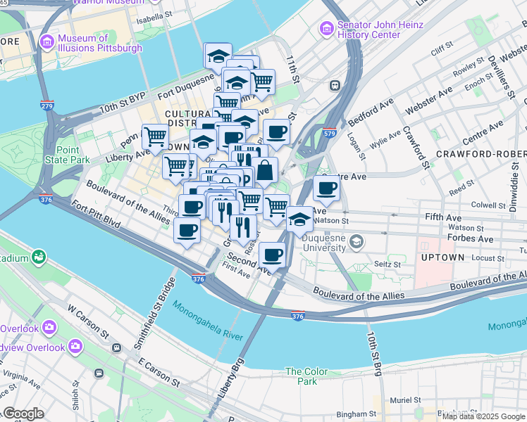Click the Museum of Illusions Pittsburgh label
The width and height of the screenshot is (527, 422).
coord(99,43)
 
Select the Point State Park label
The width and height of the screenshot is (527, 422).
coord(73,155)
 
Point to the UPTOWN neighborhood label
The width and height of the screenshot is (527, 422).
coord(442,257)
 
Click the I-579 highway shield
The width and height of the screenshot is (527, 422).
coord(329,132)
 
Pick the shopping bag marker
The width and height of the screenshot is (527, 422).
coord(266,171)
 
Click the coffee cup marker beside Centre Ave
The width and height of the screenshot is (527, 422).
coord(326,188)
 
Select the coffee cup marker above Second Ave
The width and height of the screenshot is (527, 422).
coord(271,255)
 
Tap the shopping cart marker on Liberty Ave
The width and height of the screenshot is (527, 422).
coord(155,136)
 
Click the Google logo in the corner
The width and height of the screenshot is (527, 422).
coord(23,414)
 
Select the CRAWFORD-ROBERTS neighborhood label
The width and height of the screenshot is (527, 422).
coord(480,153)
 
